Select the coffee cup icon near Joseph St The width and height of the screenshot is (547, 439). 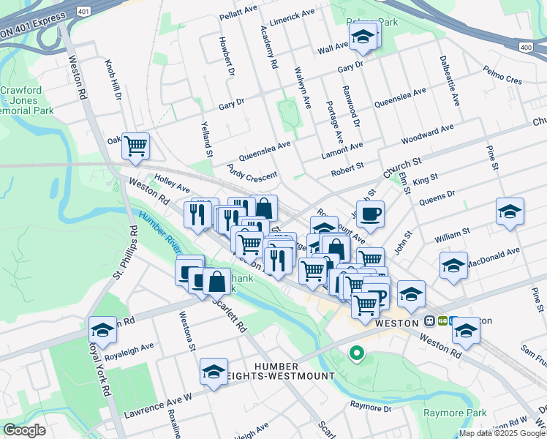(x=371, y=213)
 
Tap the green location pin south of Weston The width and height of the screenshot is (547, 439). (x=356, y=353)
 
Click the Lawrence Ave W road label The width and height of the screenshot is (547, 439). (x=158, y=405)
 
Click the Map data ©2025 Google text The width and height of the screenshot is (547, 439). (x=502, y=433)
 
